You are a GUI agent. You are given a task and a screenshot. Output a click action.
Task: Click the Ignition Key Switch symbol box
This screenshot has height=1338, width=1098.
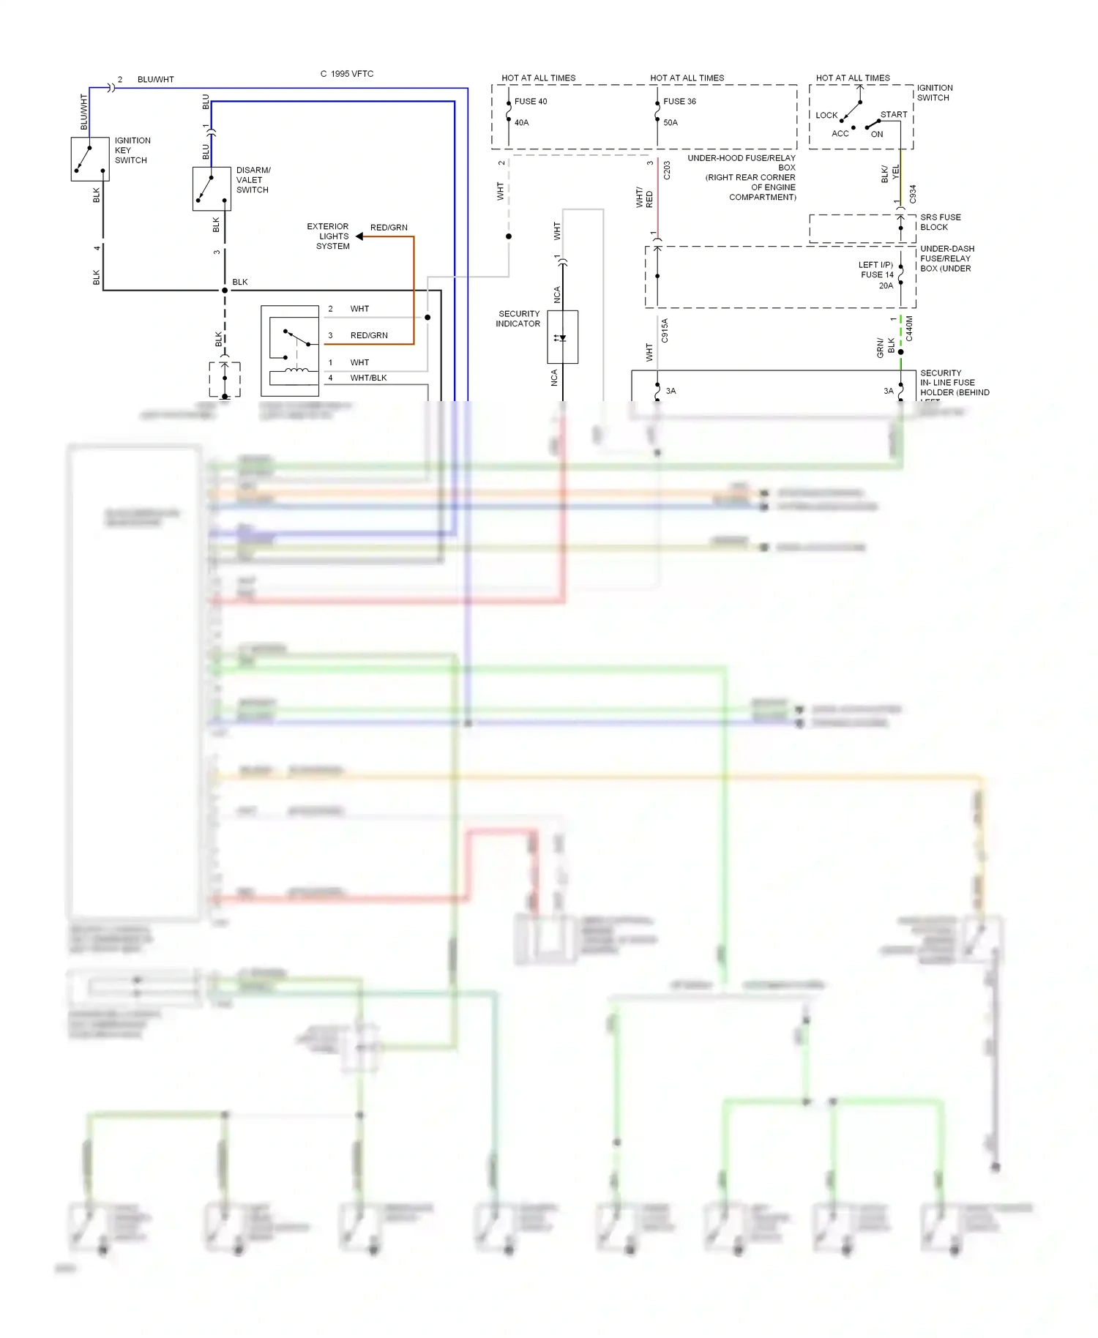click(89, 159)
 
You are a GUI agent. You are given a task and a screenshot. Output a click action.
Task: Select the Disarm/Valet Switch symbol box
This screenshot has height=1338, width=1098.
click(212, 189)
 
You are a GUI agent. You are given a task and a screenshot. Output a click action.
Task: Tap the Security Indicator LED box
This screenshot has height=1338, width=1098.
click(562, 337)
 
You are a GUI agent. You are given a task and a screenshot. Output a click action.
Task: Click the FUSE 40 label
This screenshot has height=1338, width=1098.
click(531, 102)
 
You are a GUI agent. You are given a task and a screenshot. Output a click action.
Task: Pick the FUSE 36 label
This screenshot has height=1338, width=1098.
click(679, 102)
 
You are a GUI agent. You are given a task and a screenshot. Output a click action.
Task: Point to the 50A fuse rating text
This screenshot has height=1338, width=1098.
click(671, 123)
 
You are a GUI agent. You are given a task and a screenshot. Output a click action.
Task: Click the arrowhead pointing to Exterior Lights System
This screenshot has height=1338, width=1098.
click(359, 236)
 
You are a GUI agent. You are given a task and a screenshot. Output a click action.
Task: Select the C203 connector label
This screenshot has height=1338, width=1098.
click(667, 171)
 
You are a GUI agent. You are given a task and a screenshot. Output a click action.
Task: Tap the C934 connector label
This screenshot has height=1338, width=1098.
click(913, 194)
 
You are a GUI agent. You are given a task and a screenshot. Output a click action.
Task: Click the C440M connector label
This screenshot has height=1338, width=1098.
click(910, 329)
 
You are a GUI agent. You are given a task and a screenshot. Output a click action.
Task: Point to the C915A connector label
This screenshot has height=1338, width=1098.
click(665, 331)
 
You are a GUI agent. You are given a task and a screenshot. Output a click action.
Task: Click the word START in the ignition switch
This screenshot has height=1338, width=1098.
click(894, 115)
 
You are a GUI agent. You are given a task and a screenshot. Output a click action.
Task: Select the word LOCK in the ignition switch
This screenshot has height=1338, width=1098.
click(826, 116)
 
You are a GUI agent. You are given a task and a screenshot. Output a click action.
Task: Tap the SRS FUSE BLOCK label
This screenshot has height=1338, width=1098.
click(941, 223)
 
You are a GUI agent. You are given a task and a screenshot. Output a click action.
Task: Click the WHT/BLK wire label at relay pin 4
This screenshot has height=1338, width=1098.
click(368, 378)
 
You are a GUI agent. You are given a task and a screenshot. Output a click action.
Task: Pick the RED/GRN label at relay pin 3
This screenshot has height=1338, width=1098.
click(369, 336)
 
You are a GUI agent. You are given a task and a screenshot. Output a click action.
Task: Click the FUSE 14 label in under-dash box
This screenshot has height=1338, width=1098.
click(877, 275)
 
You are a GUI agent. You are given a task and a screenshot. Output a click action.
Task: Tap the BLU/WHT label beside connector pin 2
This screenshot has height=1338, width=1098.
click(156, 80)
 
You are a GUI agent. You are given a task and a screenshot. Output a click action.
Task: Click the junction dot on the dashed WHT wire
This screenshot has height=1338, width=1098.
click(509, 236)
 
